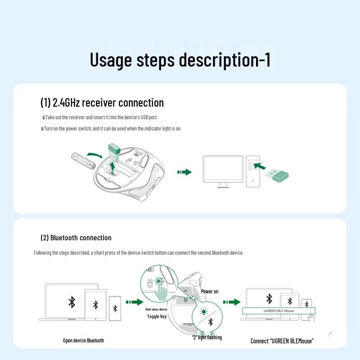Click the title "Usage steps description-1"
coord(180,60)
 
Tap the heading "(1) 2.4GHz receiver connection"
coord(102,103)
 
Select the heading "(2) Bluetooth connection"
coord(76,238)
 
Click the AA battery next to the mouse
coord(83,160)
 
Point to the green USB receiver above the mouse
coord(114,152)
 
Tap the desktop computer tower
coord(252,171)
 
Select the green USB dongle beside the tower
coord(276,175)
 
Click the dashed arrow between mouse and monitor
coord(184,172)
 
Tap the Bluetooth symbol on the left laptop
coord(72,301)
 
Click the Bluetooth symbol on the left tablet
coord(95,305)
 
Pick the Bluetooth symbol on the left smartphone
coord(115,308)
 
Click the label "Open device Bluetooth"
coord(83,341)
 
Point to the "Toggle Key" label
coord(157,316)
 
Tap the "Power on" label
coord(210,292)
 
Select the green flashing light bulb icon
coord(203,311)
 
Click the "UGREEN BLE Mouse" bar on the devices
coord(279,310)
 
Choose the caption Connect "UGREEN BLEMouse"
coord(282,341)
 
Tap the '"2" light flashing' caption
coord(207,337)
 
